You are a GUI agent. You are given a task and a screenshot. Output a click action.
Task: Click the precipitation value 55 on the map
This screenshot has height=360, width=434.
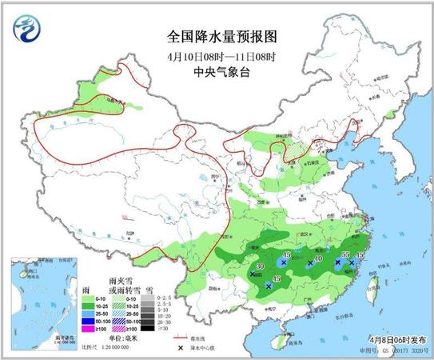[345, 254]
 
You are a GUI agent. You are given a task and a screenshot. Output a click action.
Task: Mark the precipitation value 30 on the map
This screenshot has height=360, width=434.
[260, 266]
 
